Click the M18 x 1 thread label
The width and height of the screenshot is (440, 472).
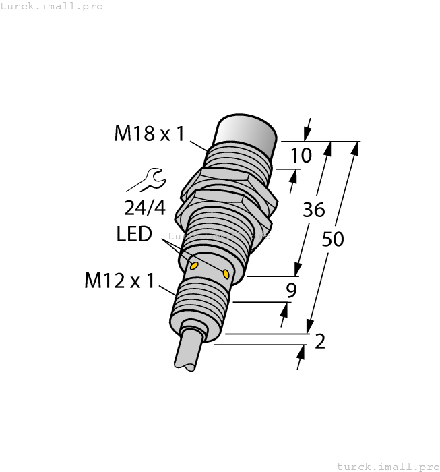click(x=149, y=134)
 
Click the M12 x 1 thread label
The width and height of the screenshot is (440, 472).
click(x=119, y=281)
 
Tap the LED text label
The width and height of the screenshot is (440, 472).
click(x=133, y=235)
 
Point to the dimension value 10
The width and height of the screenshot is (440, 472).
click(x=301, y=156)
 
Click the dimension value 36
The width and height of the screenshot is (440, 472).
click(x=314, y=210)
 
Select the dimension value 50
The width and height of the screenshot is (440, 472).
click(x=333, y=239)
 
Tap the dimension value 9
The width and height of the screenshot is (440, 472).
click(x=291, y=291)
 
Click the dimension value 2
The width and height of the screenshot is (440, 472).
click(x=320, y=342)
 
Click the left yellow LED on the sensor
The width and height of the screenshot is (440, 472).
click(x=194, y=266)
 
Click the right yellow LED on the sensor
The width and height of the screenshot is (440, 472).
click(x=226, y=274)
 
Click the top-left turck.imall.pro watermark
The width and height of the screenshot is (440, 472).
click(x=52, y=6)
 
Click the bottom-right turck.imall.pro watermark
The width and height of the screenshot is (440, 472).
click(x=387, y=466)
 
